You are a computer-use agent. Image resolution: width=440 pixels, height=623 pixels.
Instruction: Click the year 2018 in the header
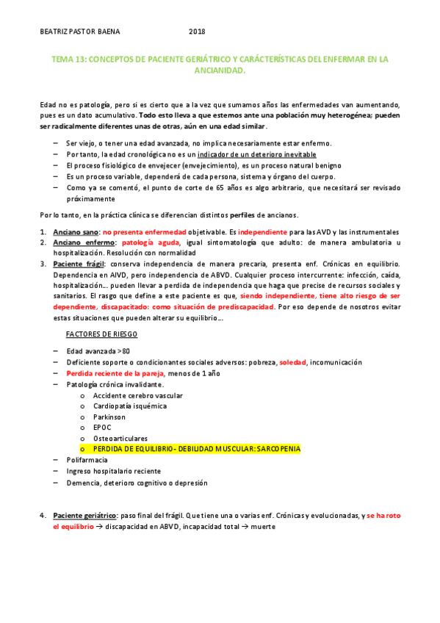point(197,31)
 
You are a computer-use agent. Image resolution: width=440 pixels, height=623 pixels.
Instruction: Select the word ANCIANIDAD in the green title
point(220,72)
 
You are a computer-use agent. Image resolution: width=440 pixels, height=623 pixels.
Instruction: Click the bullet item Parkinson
point(110,417)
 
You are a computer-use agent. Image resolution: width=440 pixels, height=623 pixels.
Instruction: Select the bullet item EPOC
point(102,428)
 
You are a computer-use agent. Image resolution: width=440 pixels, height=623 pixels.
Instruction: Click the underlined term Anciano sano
point(76,232)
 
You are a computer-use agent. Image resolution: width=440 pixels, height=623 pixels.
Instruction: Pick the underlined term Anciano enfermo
point(82,242)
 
